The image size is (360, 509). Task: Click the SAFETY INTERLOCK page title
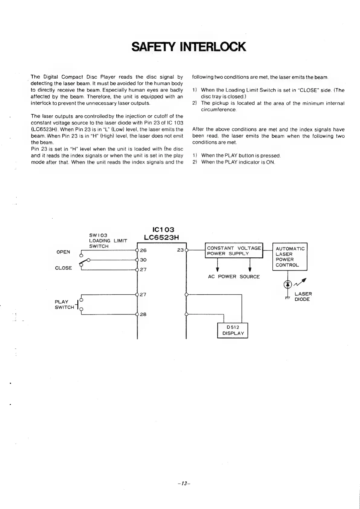[x=189, y=47]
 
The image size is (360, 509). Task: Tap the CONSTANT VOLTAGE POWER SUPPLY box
[x=234, y=251]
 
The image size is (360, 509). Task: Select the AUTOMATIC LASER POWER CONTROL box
[x=290, y=257]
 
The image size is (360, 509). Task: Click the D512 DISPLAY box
[x=233, y=330]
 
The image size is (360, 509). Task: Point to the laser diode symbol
[x=287, y=284]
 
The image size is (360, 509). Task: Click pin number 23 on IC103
[x=180, y=250]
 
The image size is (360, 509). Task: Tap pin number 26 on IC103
[x=143, y=250]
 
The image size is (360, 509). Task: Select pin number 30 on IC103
[x=143, y=260]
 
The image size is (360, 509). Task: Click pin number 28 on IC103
[x=143, y=314]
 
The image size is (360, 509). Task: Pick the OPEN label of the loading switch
[x=63, y=252]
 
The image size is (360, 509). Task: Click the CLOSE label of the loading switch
[x=63, y=268]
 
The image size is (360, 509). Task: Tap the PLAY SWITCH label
[x=64, y=305]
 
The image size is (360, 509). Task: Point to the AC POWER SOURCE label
[x=234, y=277]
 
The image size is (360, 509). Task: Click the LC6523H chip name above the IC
[x=161, y=238]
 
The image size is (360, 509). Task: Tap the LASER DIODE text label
[x=303, y=297]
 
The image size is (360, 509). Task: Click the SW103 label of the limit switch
[x=96, y=235]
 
